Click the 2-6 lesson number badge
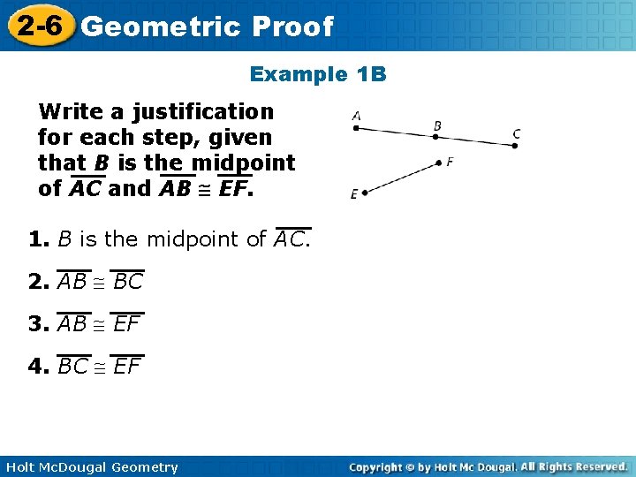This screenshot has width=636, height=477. [x=37, y=25]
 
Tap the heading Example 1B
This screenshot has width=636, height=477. [x=318, y=74]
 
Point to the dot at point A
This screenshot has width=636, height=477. [x=356, y=128]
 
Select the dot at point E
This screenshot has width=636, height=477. [x=364, y=193]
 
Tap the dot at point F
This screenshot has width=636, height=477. [x=439, y=162]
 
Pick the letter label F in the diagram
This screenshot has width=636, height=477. [x=450, y=162]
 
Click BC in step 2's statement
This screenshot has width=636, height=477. [x=128, y=283]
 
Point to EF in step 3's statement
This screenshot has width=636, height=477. [x=127, y=325]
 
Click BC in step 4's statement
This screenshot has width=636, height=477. [x=73, y=367]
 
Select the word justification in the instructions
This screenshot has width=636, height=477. [x=203, y=112]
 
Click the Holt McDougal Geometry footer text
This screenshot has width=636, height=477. [x=90, y=467]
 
